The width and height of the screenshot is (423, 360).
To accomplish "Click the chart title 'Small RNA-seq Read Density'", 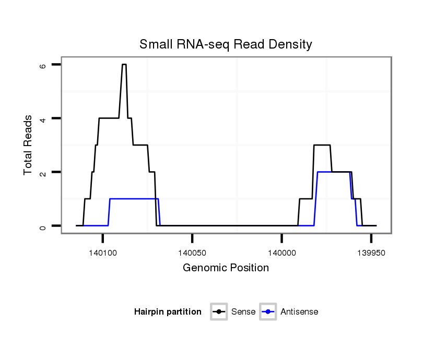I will coord(226,44).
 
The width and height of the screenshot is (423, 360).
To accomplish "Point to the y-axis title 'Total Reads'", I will coord(29,145).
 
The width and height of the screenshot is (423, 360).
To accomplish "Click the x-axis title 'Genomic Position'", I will coord(226,268).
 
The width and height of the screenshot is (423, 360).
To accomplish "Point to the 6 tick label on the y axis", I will coord(42,65).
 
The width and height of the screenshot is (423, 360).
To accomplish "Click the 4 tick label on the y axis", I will coord(42,118).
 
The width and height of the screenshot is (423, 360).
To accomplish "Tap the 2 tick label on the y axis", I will coord(42,172).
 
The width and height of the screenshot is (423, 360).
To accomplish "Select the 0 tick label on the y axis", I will coord(42,226).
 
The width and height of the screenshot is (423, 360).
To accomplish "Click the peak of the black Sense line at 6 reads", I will coord(124,65).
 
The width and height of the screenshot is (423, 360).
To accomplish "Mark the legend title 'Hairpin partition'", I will coord(168,312).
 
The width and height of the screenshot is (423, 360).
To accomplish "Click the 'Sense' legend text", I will coord(243,312).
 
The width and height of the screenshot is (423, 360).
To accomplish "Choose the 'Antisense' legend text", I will coord(299,312).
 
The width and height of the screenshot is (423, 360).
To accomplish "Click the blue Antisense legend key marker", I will coord(268,312).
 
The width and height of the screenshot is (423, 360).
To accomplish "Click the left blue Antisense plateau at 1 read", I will coord(133,199).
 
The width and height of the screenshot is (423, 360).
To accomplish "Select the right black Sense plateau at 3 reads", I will coord(322,145).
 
